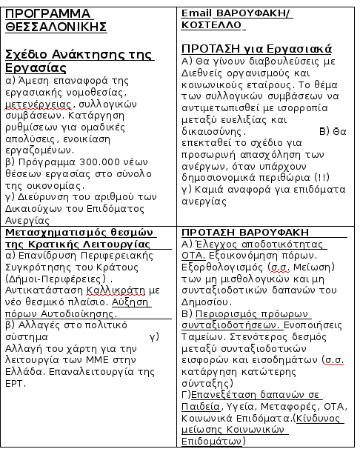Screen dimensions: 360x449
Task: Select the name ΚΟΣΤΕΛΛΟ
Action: pos(212,24)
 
